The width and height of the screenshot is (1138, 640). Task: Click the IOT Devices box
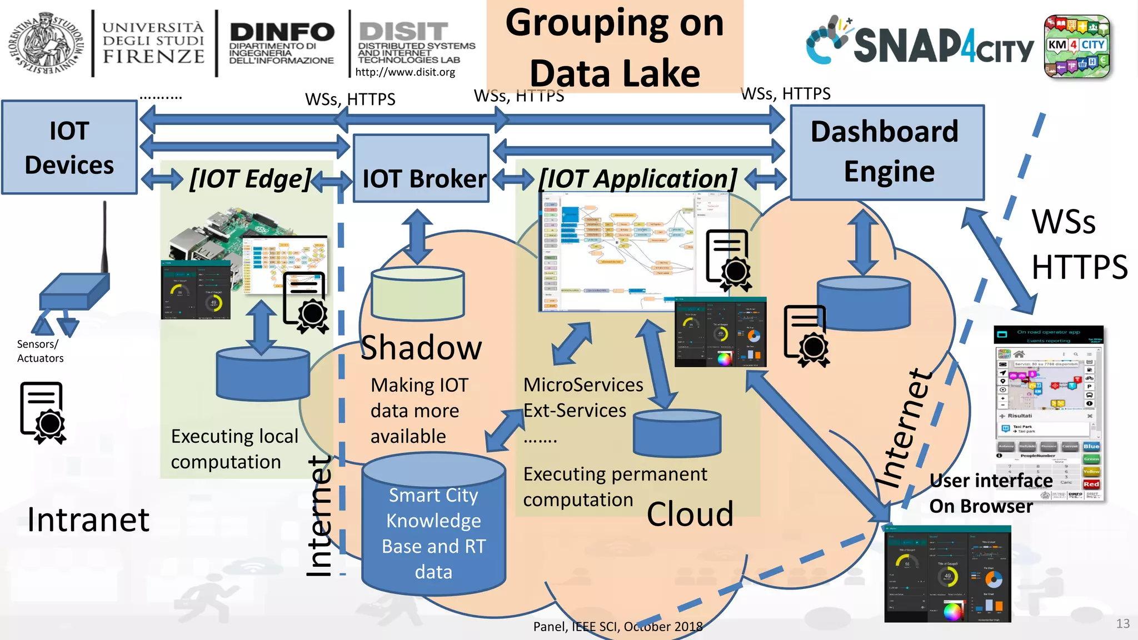(x=69, y=147)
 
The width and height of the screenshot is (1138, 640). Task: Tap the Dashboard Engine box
(x=887, y=152)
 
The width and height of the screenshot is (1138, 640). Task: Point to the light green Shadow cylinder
(x=417, y=293)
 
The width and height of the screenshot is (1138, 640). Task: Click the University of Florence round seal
(x=46, y=43)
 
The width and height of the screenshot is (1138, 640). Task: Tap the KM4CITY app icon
(x=1076, y=46)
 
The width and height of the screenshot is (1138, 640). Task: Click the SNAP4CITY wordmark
(x=943, y=46)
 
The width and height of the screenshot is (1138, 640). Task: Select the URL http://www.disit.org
(x=405, y=72)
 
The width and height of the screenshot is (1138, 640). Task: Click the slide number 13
(x=1122, y=623)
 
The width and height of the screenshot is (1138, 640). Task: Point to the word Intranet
(x=88, y=520)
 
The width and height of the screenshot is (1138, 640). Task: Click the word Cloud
(x=690, y=514)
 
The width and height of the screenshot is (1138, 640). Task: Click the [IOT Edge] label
(x=250, y=179)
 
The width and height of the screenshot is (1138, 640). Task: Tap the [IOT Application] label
(x=638, y=179)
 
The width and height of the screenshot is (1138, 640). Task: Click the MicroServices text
(x=583, y=385)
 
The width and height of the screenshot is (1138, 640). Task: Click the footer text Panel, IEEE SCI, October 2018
(x=617, y=627)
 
